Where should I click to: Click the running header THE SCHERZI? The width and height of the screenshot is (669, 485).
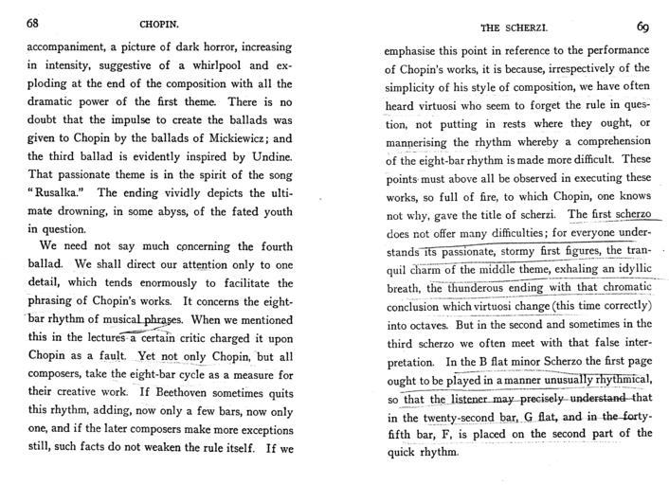[x=512, y=28]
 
